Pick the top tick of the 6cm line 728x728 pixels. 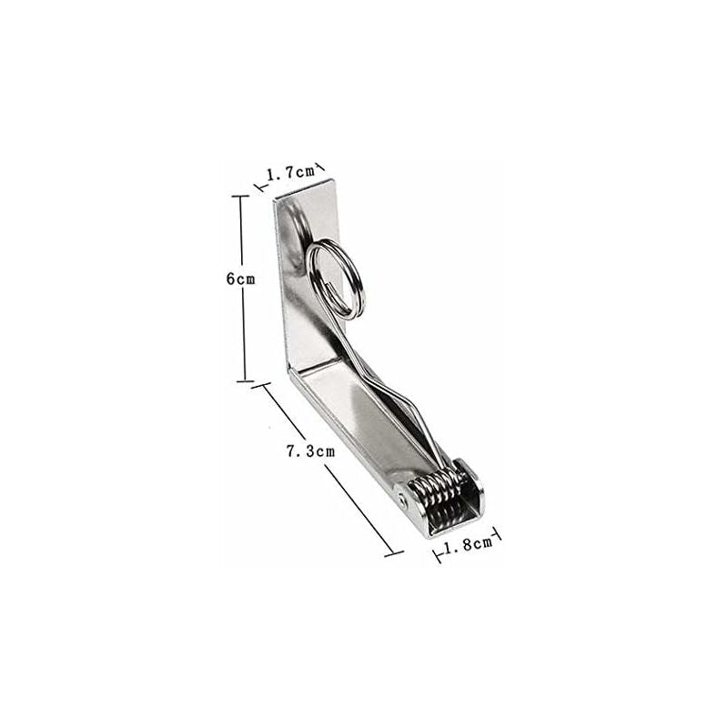click(x=241, y=196)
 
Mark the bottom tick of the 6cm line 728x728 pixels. click(x=243, y=381)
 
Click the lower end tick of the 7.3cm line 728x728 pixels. click(x=393, y=551)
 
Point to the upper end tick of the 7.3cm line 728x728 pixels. click(x=264, y=386)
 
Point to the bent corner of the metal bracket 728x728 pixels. click(x=291, y=373)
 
